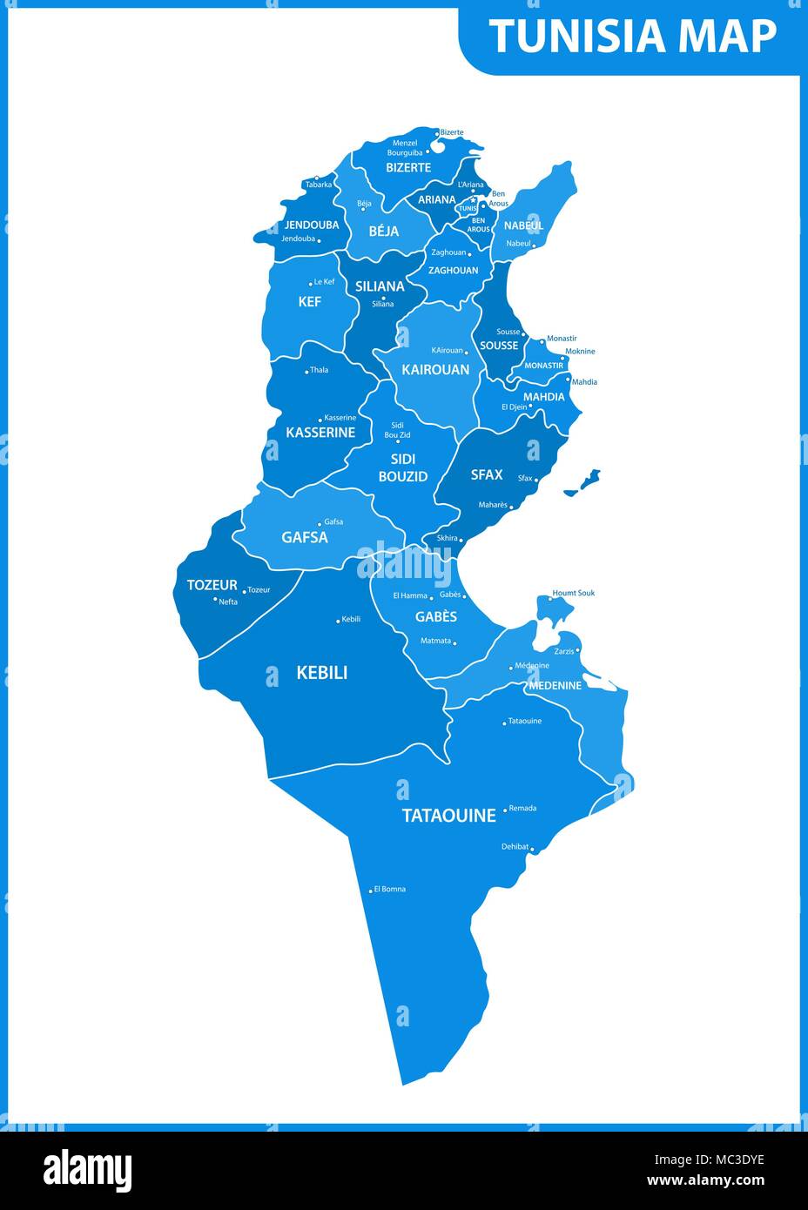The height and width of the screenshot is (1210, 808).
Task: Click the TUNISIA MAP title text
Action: point(632,37)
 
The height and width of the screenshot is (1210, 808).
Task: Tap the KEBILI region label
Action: point(321,672)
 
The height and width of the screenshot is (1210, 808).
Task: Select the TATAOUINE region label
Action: point(448,816)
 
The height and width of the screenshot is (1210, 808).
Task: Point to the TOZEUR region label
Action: point(212,585)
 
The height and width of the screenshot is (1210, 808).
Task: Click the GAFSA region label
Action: point(305,537)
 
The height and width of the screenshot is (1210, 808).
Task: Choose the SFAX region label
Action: point(487,474)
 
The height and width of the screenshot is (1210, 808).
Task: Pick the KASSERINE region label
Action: point(320,432)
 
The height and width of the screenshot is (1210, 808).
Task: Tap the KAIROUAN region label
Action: point(435,369)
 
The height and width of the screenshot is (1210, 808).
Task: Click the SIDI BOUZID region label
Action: point(403,467)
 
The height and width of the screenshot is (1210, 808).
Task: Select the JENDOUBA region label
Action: point(311,225)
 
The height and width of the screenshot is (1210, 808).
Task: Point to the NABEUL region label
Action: point(523,225)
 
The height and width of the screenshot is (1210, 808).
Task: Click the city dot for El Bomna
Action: point(371,890)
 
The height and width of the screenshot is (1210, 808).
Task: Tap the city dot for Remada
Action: point(505,810)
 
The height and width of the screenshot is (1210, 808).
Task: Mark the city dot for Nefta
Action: point(215,599)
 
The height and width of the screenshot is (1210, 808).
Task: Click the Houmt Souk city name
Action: point(574,593)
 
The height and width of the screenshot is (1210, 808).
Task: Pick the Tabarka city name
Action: point(318,185)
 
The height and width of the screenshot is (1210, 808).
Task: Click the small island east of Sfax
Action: point(583,482)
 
